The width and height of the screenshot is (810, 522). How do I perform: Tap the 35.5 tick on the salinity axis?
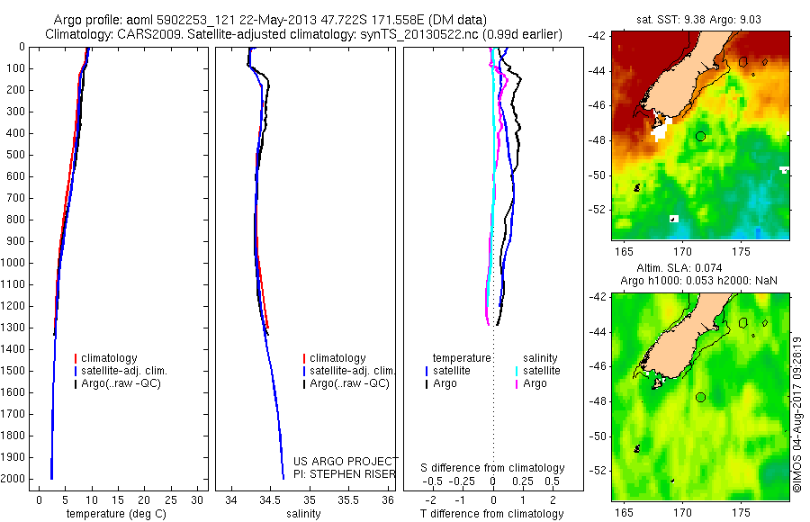coord(348,499)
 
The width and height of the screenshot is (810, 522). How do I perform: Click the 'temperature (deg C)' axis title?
coord(116,514)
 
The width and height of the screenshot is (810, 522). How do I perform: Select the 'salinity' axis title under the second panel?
coord(303,514)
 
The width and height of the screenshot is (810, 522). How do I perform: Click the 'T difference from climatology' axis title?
coord(491,514)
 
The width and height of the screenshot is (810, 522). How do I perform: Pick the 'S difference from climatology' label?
coord(492,468)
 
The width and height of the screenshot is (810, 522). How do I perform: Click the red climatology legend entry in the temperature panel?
coord(106,358)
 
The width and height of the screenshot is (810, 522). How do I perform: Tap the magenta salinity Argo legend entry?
coord(531,383)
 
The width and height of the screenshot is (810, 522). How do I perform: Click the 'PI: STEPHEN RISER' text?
coord(345,474)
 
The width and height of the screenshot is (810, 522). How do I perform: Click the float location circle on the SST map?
coord(700,137)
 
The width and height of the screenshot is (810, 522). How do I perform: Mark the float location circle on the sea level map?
coord(700,398)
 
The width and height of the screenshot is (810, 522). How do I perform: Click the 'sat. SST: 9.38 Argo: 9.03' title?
coord(698,20)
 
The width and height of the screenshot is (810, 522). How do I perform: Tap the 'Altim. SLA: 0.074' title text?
coord(679,268)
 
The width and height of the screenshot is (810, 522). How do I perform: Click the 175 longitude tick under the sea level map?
coord(742,512)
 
